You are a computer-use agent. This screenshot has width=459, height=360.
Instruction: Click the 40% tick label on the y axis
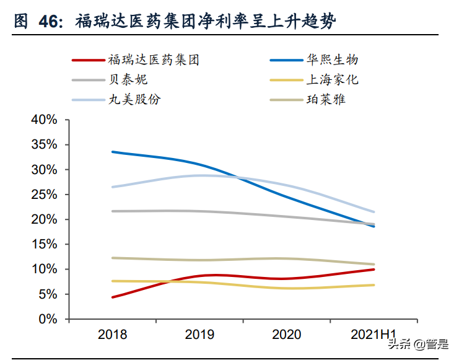point(44,120)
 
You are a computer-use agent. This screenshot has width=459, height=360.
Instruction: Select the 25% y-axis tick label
point(44,195)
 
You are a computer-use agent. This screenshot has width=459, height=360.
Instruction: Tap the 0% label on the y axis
point(48,319)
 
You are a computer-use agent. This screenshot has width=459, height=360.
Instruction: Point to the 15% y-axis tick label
point(44,245)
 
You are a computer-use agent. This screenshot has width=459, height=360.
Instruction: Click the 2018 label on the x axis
point(113,335)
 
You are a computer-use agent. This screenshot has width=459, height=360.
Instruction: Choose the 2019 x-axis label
point(199,335)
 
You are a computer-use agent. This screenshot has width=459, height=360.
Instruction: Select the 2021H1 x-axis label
point(374,335)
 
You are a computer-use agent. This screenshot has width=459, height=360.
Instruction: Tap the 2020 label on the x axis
point(286,335)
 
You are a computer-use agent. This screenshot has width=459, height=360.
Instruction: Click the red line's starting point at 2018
point(113,297)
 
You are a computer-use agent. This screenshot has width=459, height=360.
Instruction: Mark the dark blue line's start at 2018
point(113,152)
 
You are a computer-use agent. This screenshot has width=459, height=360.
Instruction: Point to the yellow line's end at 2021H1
point(374,285)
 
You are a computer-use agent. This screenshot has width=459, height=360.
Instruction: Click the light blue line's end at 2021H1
point(374,212)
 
